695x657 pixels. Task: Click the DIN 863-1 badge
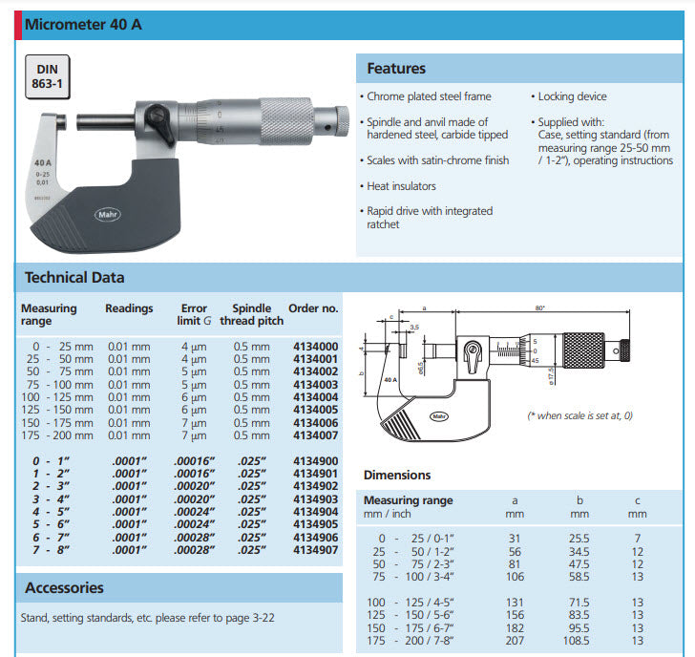coord(48,76)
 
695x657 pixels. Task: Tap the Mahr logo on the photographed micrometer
coord(106,215)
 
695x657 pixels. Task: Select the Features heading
coord(396,69)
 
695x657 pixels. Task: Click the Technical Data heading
coord(74,278)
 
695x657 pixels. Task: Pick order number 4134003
coord(315,385)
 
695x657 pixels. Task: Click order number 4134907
coord(315,551)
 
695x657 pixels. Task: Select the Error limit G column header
coord(195,314)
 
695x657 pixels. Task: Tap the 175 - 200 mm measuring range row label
coord(57,435)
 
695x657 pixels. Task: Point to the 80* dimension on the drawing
coord(539,307)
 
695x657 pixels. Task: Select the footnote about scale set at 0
coord(580,416)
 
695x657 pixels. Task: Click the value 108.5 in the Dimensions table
coord(579,641)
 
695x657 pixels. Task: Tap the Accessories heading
coord(64,588)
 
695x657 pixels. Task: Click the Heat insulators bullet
coord(401,186)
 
